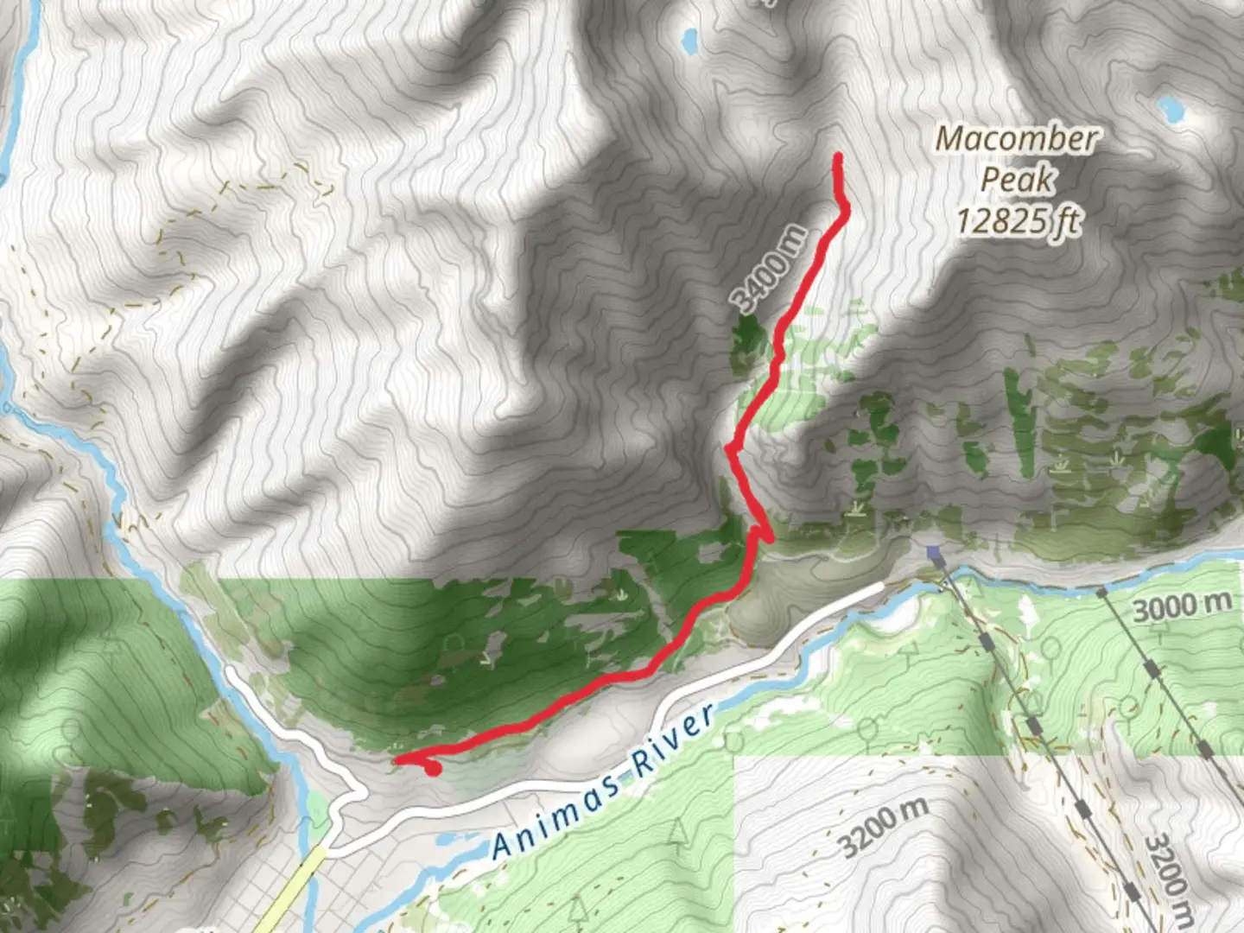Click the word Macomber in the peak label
tap(1017, 138)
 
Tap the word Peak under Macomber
tap(1018, 180)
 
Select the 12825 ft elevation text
tap(1018, 221)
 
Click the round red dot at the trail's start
tap(434, 767)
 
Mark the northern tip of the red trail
tap(837, 156)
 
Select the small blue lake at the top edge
tap(689, 39)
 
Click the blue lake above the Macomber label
tap(1171, 108)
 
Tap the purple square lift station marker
tap(932, 551)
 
